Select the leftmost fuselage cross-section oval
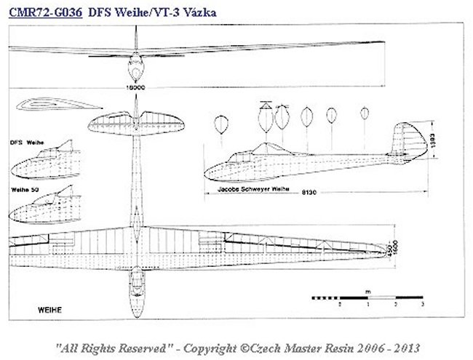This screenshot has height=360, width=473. (x=219, y=124)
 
